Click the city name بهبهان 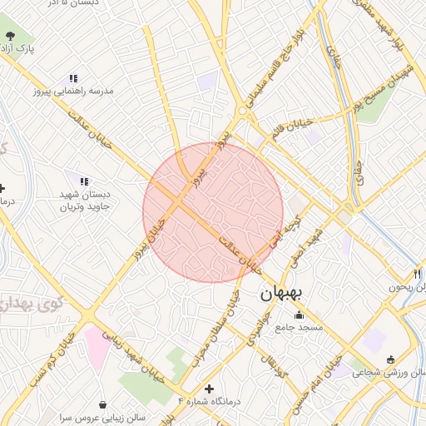tap(284, 293)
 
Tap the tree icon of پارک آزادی tap(10, 36)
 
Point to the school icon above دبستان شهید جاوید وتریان tap(83, 181)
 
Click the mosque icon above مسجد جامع tap(300, 315)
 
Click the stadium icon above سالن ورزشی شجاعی tap(391, 359)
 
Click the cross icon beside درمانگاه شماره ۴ tap(209, 389)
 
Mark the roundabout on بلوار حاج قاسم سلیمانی tap(242, 110)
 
